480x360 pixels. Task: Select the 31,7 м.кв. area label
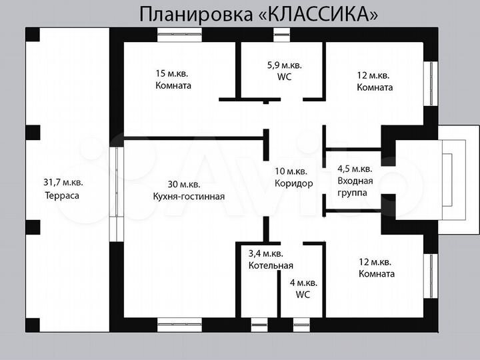pos(63,181)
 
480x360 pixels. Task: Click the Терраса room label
pos(61,196)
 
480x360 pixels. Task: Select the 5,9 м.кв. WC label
pos(284,71)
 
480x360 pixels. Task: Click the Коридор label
pos(294,183)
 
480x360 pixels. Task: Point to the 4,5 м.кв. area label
pos(355,169)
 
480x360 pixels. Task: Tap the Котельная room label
pos(266,266)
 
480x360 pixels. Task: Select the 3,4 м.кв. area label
pos(266,253)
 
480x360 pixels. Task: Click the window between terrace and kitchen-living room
pos(117,181)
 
